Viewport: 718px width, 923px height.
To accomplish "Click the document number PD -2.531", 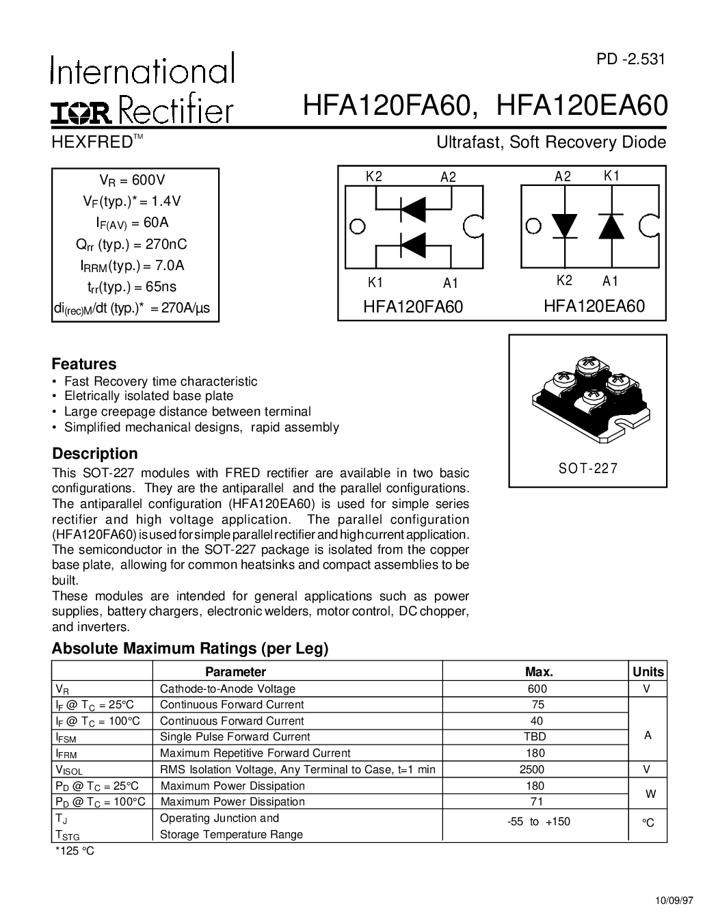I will (630, 59).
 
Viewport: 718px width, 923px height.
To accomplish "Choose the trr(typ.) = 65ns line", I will (135, 287).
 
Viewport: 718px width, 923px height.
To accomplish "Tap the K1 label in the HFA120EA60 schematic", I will (611, 176).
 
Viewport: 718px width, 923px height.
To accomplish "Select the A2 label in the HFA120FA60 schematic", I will (448, 177).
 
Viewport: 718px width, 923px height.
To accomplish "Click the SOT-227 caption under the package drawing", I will (587, 468).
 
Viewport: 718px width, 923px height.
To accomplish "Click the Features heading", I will (84, 364).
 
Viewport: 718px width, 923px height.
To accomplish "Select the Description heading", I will (95, 454).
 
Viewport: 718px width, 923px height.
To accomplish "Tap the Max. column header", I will (538, 671).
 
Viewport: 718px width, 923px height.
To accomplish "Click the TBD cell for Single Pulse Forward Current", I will (537, 737).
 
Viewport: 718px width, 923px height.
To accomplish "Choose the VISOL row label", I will (68, 770).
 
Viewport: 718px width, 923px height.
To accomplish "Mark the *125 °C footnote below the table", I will (75, 851).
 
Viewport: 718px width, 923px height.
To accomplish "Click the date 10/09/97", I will (669, 900).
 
